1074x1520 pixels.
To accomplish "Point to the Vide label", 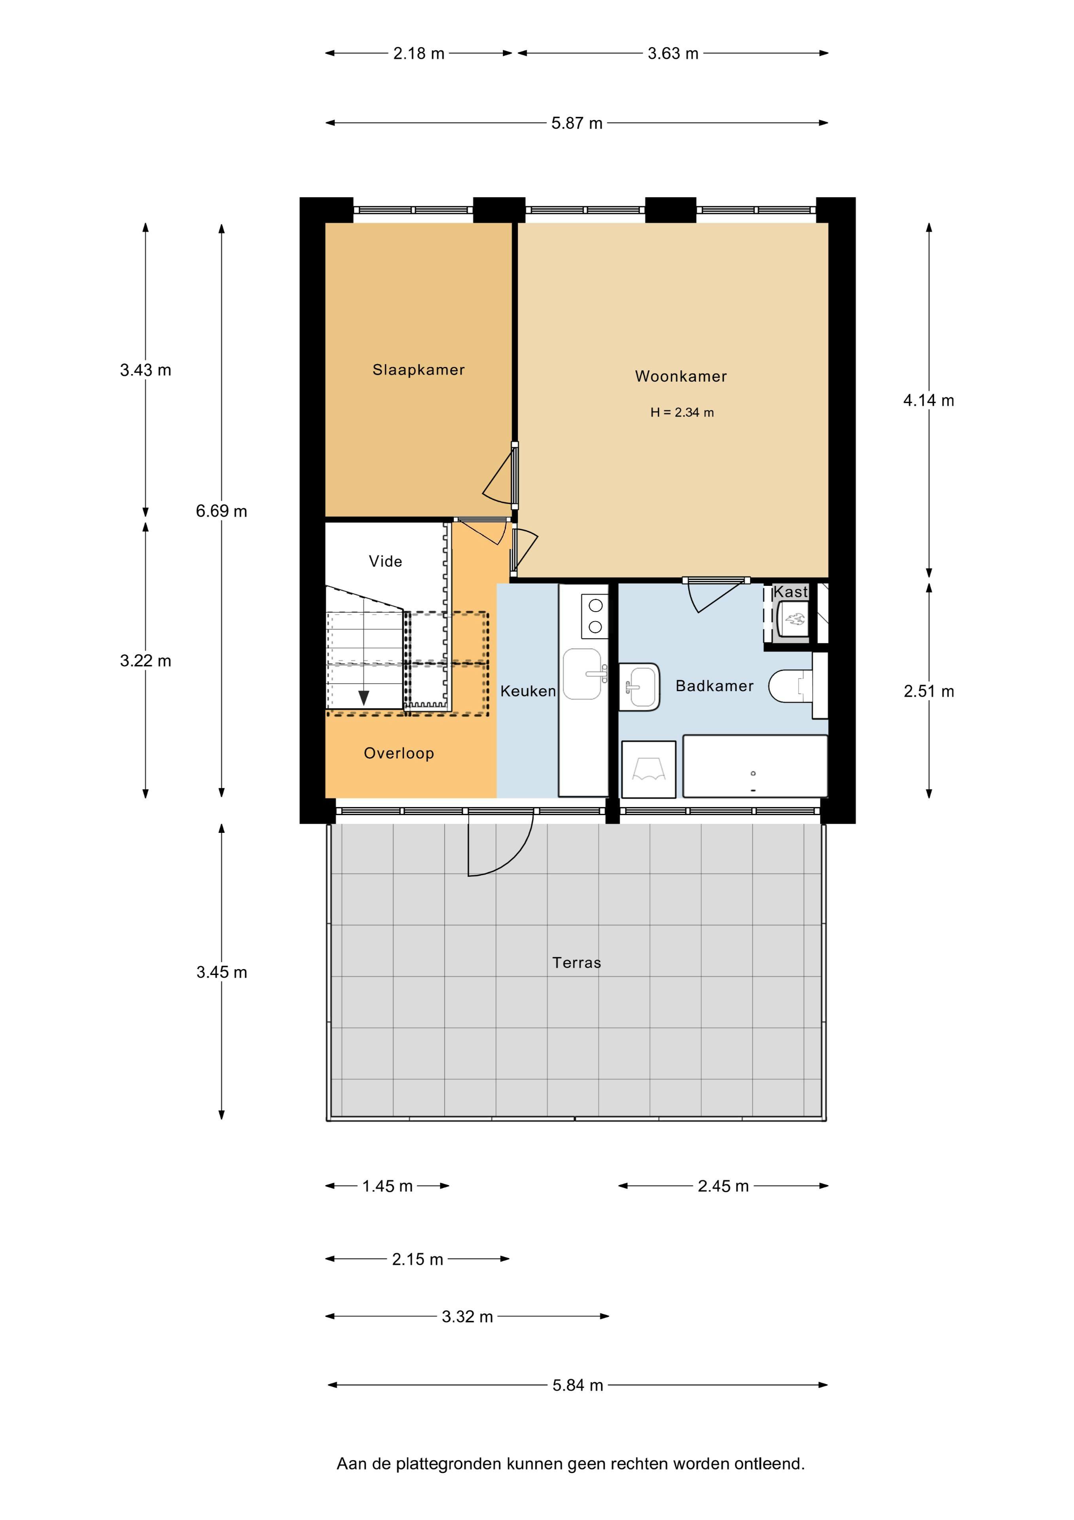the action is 385,561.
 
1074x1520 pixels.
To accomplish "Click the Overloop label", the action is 399,753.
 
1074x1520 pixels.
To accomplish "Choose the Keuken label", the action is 528,691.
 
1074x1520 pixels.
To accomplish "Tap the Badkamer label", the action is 715,686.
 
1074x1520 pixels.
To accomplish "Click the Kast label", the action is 791,592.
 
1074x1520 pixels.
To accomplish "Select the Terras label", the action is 577,963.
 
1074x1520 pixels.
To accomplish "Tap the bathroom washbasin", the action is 639,686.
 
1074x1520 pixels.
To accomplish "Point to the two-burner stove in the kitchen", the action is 595,616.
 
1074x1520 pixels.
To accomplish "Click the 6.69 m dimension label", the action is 222,511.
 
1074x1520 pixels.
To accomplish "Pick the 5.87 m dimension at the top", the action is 577,123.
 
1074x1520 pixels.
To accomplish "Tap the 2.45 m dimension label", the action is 723,1186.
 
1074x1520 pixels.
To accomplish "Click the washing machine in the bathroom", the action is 648,769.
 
